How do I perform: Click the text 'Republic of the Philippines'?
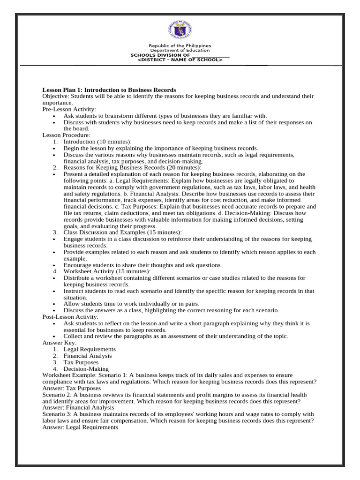click(180, 46)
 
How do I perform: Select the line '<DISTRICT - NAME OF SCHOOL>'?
click(180, 60)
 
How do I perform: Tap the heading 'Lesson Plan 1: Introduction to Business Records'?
click(109, 90)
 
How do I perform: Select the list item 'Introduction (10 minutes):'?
click(97, 142)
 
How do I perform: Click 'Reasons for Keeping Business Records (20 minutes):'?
click(133, 167)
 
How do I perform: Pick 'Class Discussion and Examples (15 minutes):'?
click(122, 232)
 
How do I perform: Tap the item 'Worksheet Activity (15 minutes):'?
click(107, 271)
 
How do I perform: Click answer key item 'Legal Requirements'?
click(90, 349)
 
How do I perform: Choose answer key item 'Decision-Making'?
click(86, 369)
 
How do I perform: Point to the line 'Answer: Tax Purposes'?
click(71, 388)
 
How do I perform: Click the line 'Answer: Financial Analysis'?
click(78, 408)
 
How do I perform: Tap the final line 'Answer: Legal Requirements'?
click(80, 427)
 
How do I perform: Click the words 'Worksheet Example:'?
click(67, 375)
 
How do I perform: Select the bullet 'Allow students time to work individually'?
click(131, 304)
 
